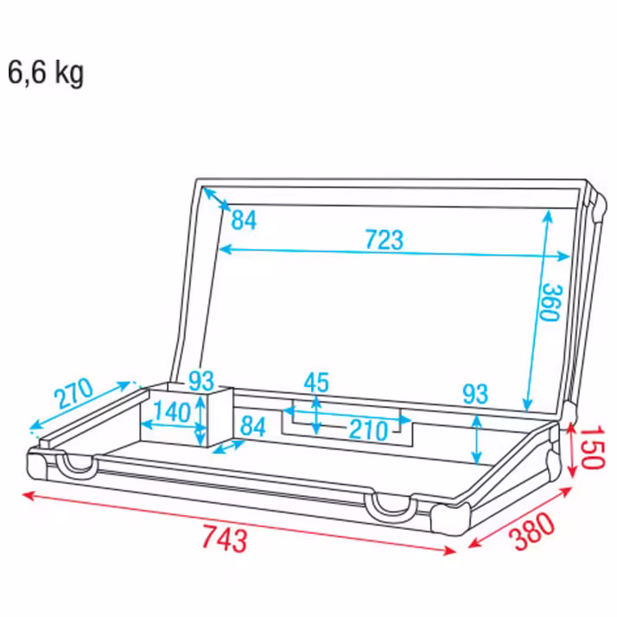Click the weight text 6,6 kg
45,73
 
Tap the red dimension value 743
225,538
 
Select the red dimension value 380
532,531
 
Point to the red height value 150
592,447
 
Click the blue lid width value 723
384,239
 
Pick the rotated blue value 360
551,302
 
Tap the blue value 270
73,392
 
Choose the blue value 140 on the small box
172,411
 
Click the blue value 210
368,429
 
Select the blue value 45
316,382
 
